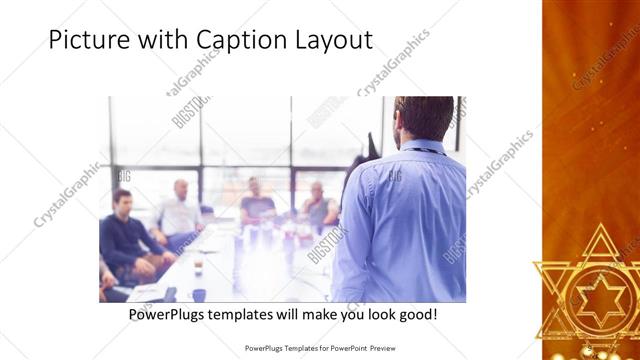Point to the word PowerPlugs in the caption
[x=168, y=315]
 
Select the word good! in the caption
[x=415, y=315]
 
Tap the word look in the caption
[x=371, y=315]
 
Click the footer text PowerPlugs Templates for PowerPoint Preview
[x=319, y=347]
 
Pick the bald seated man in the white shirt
[x=180, y=210]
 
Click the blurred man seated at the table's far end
[x=256, y=202]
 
